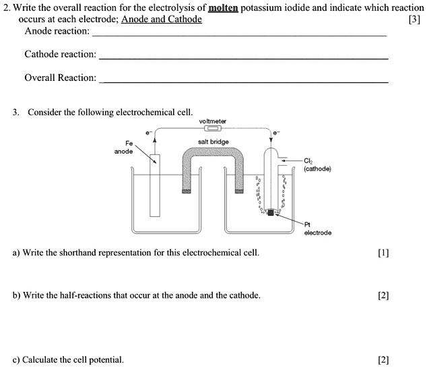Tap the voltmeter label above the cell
point(213,121)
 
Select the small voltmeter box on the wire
point(213,128)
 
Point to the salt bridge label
point(213,142)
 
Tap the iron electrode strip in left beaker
point(155,185)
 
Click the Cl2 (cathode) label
point(317,164)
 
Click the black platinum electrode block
point(271,213)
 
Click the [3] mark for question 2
point(414,19)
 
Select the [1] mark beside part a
point(384,253)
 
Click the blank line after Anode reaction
point(239,34)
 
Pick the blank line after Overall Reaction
point(243,82)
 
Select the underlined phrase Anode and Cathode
point(161,19)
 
